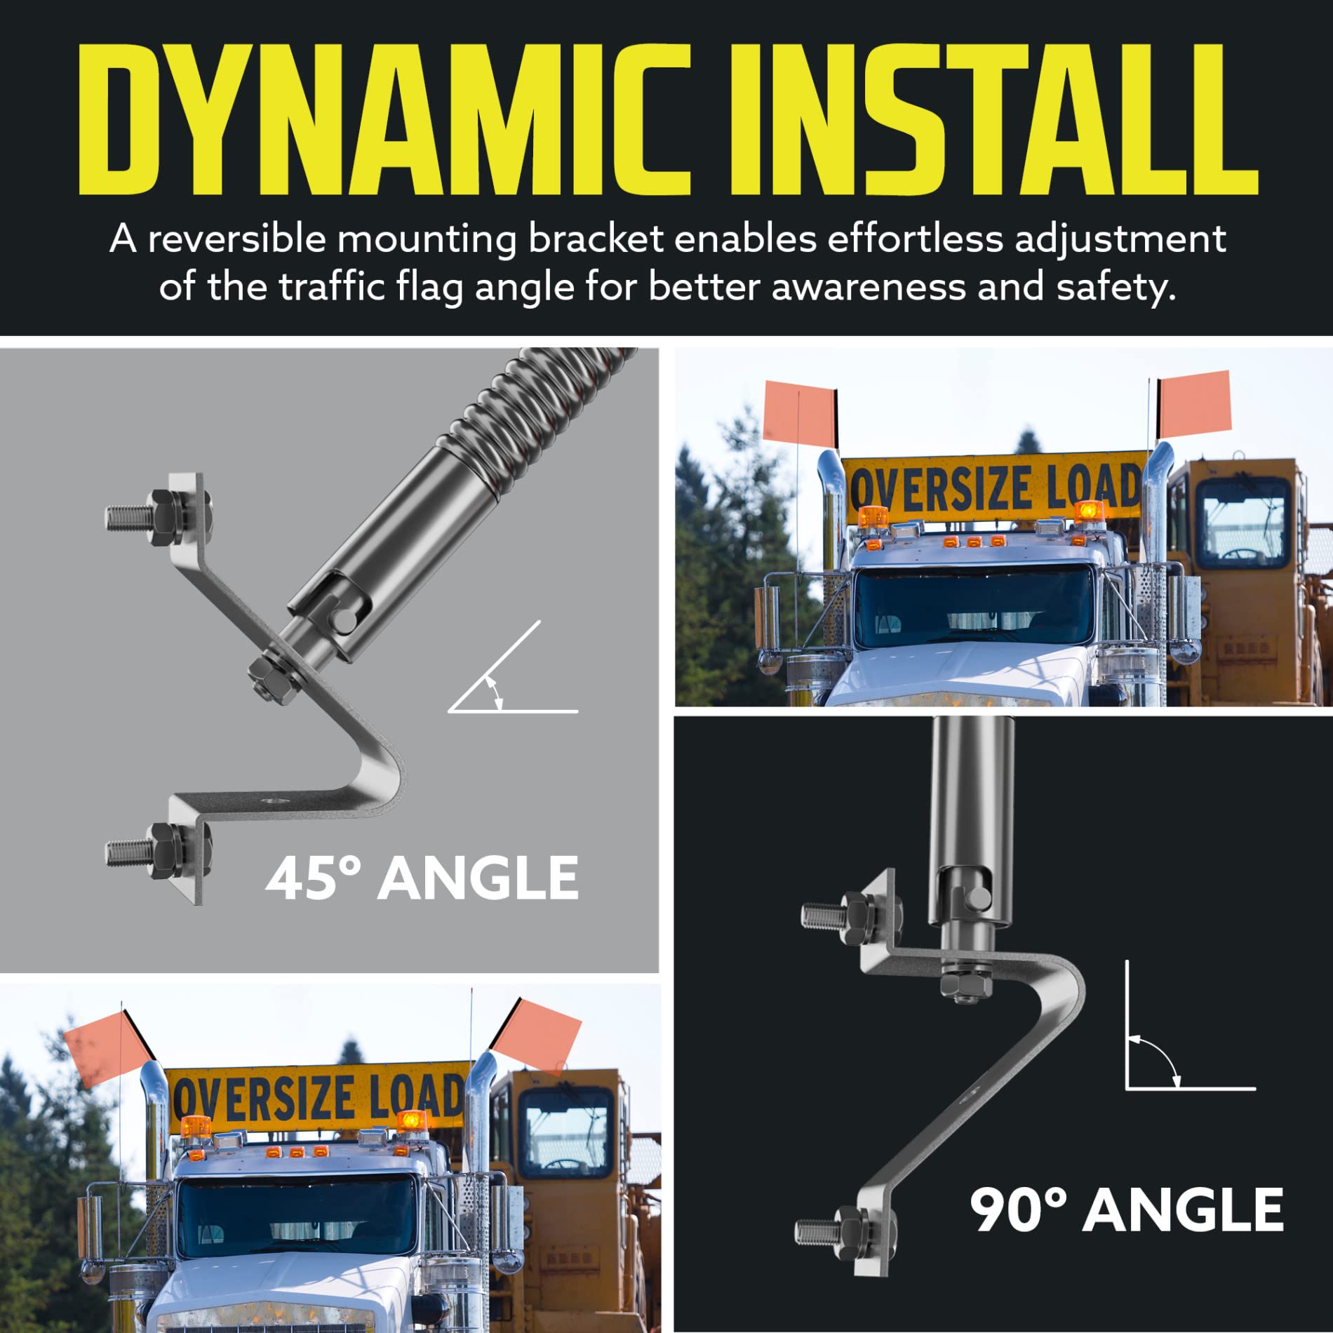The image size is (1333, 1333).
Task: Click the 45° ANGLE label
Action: point(422,878)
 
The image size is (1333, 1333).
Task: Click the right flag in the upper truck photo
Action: point(1195,404)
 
